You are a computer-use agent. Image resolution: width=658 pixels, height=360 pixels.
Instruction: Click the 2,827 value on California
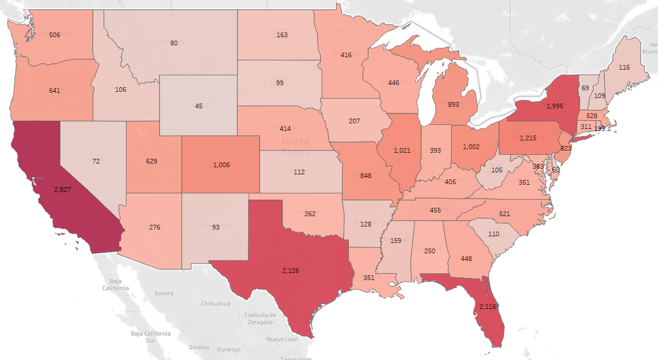click(x=63, y=190)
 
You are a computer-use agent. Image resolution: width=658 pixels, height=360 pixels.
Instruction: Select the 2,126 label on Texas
click(x=291, y=270)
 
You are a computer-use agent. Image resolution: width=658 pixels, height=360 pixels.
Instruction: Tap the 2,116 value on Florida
click(x=488, y=306)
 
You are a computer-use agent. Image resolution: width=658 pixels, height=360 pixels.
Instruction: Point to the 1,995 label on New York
click(x=555, y=106)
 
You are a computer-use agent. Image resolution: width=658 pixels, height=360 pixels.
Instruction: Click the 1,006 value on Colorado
click(x=221, y=165)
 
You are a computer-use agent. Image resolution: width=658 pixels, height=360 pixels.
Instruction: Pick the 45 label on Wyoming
click(x=199, y=106)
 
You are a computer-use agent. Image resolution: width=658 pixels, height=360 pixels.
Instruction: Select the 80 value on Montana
click(x=174, y=43)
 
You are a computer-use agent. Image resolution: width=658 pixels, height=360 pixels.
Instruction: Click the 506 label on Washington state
click(x=55, y=35)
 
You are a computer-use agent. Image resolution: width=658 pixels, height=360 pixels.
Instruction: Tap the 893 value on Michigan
click(x=454, y=104)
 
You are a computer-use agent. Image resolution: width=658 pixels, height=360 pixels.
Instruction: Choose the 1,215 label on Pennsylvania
click(x=528, y=138)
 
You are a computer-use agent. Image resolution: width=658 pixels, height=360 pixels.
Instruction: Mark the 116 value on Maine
click(x=624, y=68)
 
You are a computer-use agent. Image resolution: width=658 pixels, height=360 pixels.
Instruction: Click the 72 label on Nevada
click(x=96, y=161)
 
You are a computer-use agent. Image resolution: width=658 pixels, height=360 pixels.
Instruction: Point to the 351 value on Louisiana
click(x=368, y=277)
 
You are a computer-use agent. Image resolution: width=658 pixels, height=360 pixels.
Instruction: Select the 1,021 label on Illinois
click(x=402, y=150)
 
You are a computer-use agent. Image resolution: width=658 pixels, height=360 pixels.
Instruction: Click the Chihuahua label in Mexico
click(x=215, y=304)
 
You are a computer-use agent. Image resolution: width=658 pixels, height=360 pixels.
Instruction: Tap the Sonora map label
click(x=164, y=293)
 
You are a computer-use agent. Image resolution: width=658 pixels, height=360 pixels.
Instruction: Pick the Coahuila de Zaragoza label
click(x=261, y=318)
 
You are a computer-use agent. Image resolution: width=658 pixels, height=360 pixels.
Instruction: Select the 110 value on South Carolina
click(x=494, y=234)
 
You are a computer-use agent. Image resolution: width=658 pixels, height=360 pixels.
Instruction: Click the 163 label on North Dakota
click(x=282, y=35)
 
